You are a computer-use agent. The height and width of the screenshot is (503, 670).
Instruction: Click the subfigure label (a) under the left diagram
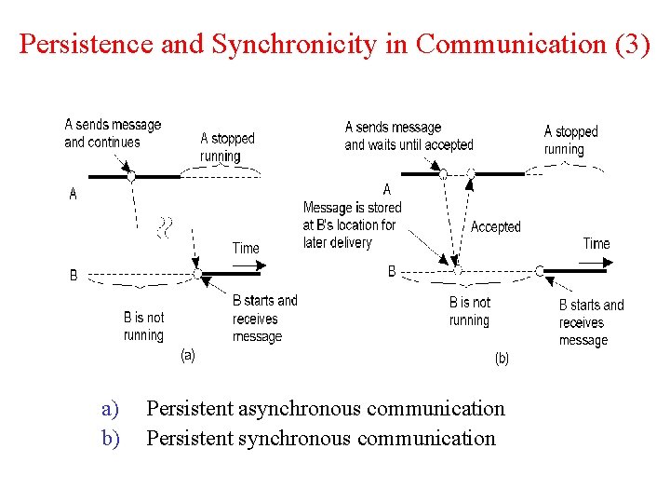tap(187, 355)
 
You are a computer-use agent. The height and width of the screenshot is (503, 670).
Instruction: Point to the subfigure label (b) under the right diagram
tap(502, 358)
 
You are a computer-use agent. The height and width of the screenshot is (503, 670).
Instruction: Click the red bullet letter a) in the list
tap(111, 409)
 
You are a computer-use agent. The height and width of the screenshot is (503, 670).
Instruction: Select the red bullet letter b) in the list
tap(111, 438)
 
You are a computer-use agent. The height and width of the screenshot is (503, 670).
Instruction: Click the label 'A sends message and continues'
tap(113, 133)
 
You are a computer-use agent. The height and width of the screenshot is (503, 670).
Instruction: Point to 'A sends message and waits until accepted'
tap(409, 136)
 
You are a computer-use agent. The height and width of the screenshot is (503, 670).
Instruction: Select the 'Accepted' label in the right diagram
tap(495, 226)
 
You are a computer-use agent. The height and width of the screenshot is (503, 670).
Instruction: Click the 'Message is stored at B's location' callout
tap(351, 224)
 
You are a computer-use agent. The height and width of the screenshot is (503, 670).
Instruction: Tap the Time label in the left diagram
tap(246, 248)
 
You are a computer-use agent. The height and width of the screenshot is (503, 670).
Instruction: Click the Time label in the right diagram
tap(596, 243)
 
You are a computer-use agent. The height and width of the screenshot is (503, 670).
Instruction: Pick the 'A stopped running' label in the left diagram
tap(227, 147)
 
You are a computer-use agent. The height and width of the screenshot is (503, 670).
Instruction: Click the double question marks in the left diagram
tap(166, 227)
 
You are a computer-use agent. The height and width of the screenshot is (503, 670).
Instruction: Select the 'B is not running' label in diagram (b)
tap(469, 311)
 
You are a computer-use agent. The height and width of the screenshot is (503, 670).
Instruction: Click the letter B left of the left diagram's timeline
tap(74, 276)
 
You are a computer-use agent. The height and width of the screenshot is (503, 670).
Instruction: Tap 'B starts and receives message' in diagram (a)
tap(264, 318)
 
